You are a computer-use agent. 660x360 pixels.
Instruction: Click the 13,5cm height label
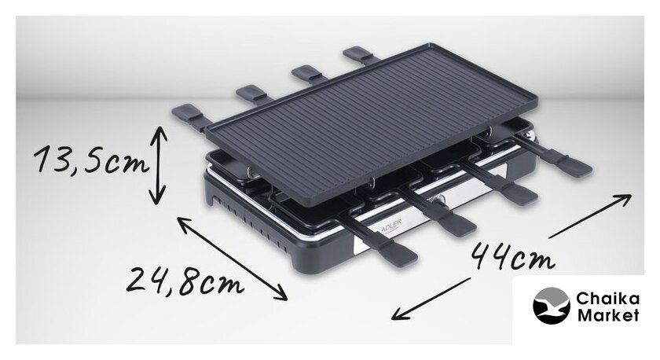91,160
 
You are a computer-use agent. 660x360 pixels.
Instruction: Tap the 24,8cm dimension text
185,281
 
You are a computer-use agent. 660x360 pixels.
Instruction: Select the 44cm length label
512,256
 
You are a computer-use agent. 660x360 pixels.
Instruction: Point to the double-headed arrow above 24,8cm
232,258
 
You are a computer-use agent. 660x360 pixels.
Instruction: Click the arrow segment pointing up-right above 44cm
590,215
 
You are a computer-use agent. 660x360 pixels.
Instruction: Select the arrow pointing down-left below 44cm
431,299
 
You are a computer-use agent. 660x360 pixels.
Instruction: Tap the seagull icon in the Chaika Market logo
551,306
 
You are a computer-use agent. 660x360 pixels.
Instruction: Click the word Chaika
608,299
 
